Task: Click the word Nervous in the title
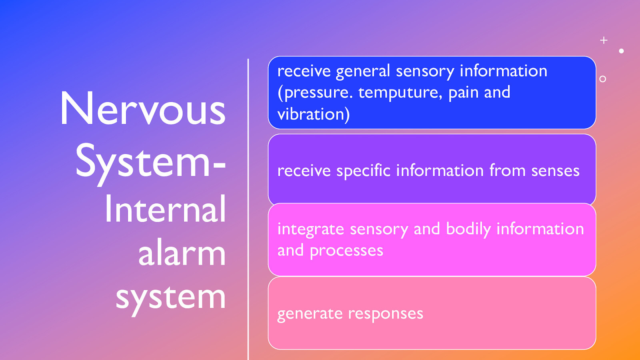(143, 109)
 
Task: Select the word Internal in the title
(165, 209)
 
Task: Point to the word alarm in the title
(182, 253)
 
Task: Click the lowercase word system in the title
(171, 298)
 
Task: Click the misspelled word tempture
(400, 93)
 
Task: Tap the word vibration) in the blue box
(314, 114)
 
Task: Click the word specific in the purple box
(363, 171)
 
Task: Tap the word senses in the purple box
(555, 171)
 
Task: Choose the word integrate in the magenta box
(311, 230)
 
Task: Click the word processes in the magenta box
(346, 251)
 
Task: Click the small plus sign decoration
(604, 40)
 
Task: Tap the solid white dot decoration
(621, 51)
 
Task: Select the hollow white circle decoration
(603, 79)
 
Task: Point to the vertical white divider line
(248, 208)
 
